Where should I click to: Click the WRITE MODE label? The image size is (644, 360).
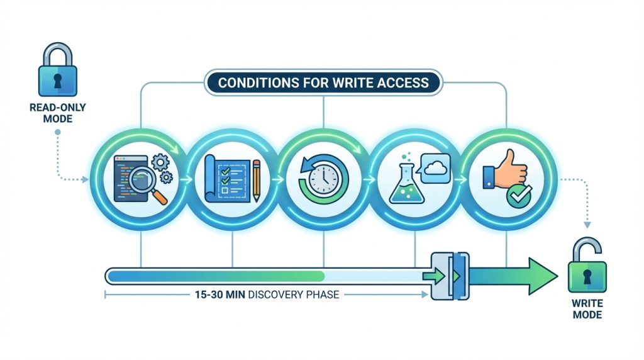point(587,308)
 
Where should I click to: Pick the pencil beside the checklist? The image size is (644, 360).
point(256,179)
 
